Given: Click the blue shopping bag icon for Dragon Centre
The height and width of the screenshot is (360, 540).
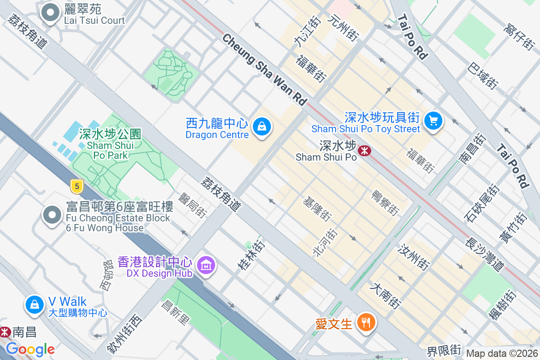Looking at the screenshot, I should (261, 126).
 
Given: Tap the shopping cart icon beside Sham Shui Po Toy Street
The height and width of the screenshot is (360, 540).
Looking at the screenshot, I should (433, 121).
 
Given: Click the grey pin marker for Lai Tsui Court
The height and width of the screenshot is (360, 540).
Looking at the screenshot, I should (50, 13).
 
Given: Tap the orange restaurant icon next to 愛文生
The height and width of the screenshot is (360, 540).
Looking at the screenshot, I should (366, 322).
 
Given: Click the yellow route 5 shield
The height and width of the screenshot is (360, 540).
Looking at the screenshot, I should (77, 186).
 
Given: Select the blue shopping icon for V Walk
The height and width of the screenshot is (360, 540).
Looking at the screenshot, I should (35, 305).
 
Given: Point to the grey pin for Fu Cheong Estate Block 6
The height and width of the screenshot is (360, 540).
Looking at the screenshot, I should (52, 215).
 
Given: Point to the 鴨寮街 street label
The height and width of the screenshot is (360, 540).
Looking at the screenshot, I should (385, 202).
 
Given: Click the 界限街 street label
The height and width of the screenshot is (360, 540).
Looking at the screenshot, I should (444, 350).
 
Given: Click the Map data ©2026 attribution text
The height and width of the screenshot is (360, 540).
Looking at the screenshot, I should (501, 354).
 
